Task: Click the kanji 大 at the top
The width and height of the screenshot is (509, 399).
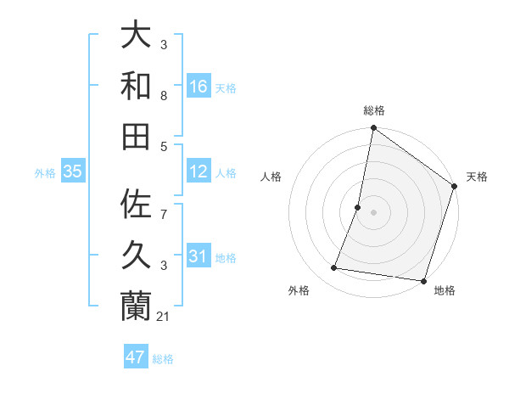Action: [137, 35]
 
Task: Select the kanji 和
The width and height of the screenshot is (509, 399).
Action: [137, 86]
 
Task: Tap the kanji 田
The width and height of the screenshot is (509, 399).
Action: [137, 136]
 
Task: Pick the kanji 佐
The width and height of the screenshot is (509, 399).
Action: [137, 205]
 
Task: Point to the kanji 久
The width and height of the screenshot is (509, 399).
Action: [137, 256]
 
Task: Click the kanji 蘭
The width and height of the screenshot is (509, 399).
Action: [137, 306]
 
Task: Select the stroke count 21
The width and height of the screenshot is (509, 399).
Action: [165, 317]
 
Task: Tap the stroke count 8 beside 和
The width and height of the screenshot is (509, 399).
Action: [165, 96]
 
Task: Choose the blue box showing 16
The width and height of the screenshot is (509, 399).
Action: [199, 86]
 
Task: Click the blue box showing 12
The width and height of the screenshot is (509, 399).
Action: [199, 171]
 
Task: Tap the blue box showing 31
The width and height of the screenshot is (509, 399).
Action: [199, 256]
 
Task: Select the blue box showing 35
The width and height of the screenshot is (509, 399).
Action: [73, 171]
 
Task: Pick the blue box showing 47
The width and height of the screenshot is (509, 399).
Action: [136, 357]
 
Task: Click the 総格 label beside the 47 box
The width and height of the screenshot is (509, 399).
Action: [163, 359]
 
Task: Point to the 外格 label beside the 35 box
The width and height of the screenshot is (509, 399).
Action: [45, 173]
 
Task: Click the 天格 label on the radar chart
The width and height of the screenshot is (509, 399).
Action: [477, 177]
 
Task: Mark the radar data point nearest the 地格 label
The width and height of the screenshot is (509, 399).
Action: [422, 280]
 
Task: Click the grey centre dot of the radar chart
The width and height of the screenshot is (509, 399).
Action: [373, 212]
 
